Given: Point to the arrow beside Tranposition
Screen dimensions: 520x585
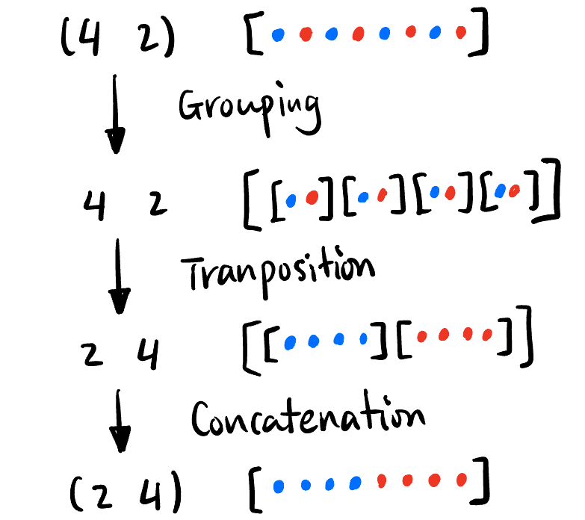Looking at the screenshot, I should click(x=119, y=276).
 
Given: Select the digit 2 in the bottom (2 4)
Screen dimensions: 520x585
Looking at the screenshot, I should click(x=109, y=492).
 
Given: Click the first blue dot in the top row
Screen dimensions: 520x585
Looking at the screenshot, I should click(x=278, y=34).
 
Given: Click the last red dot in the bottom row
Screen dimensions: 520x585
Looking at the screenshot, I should click(x=462, y=479).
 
